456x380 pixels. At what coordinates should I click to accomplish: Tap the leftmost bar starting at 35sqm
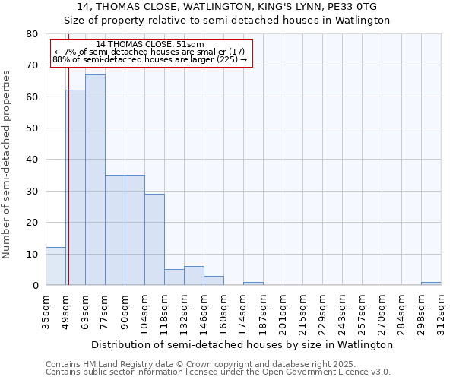[x=55, y=266]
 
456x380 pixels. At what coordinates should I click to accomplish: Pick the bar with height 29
[x=154, y=239]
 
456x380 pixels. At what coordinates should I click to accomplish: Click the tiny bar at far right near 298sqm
[x=431, y=283]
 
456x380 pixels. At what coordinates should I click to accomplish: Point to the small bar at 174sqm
[x=253, y=283]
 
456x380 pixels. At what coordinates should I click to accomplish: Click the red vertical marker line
[x=68, y=190]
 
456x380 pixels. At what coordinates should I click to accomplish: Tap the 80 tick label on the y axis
[x=32, y=34]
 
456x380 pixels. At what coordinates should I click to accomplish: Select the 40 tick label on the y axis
[x=32, y=160]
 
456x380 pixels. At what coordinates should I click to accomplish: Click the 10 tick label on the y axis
[x=32, y=254]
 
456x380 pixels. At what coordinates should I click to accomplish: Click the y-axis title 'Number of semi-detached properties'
[x=7, y=164]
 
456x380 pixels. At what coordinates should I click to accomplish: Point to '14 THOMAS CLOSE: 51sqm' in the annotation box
[x=150, y=45]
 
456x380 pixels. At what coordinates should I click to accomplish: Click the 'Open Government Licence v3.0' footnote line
[x=217, y=372]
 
